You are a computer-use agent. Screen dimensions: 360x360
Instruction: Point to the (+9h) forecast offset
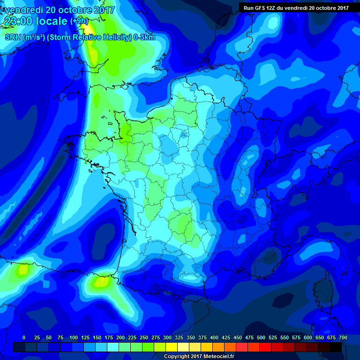tap(79, 21)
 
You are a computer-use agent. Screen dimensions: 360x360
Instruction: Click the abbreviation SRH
tap(13, 37)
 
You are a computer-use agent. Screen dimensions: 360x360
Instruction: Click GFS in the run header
tap(260, 7)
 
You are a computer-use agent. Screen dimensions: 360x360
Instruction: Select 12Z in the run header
tap(272, 7)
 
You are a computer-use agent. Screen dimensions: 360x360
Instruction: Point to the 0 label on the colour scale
tap(23, 337)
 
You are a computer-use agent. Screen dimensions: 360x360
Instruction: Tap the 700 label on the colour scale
tap(343, 337)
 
